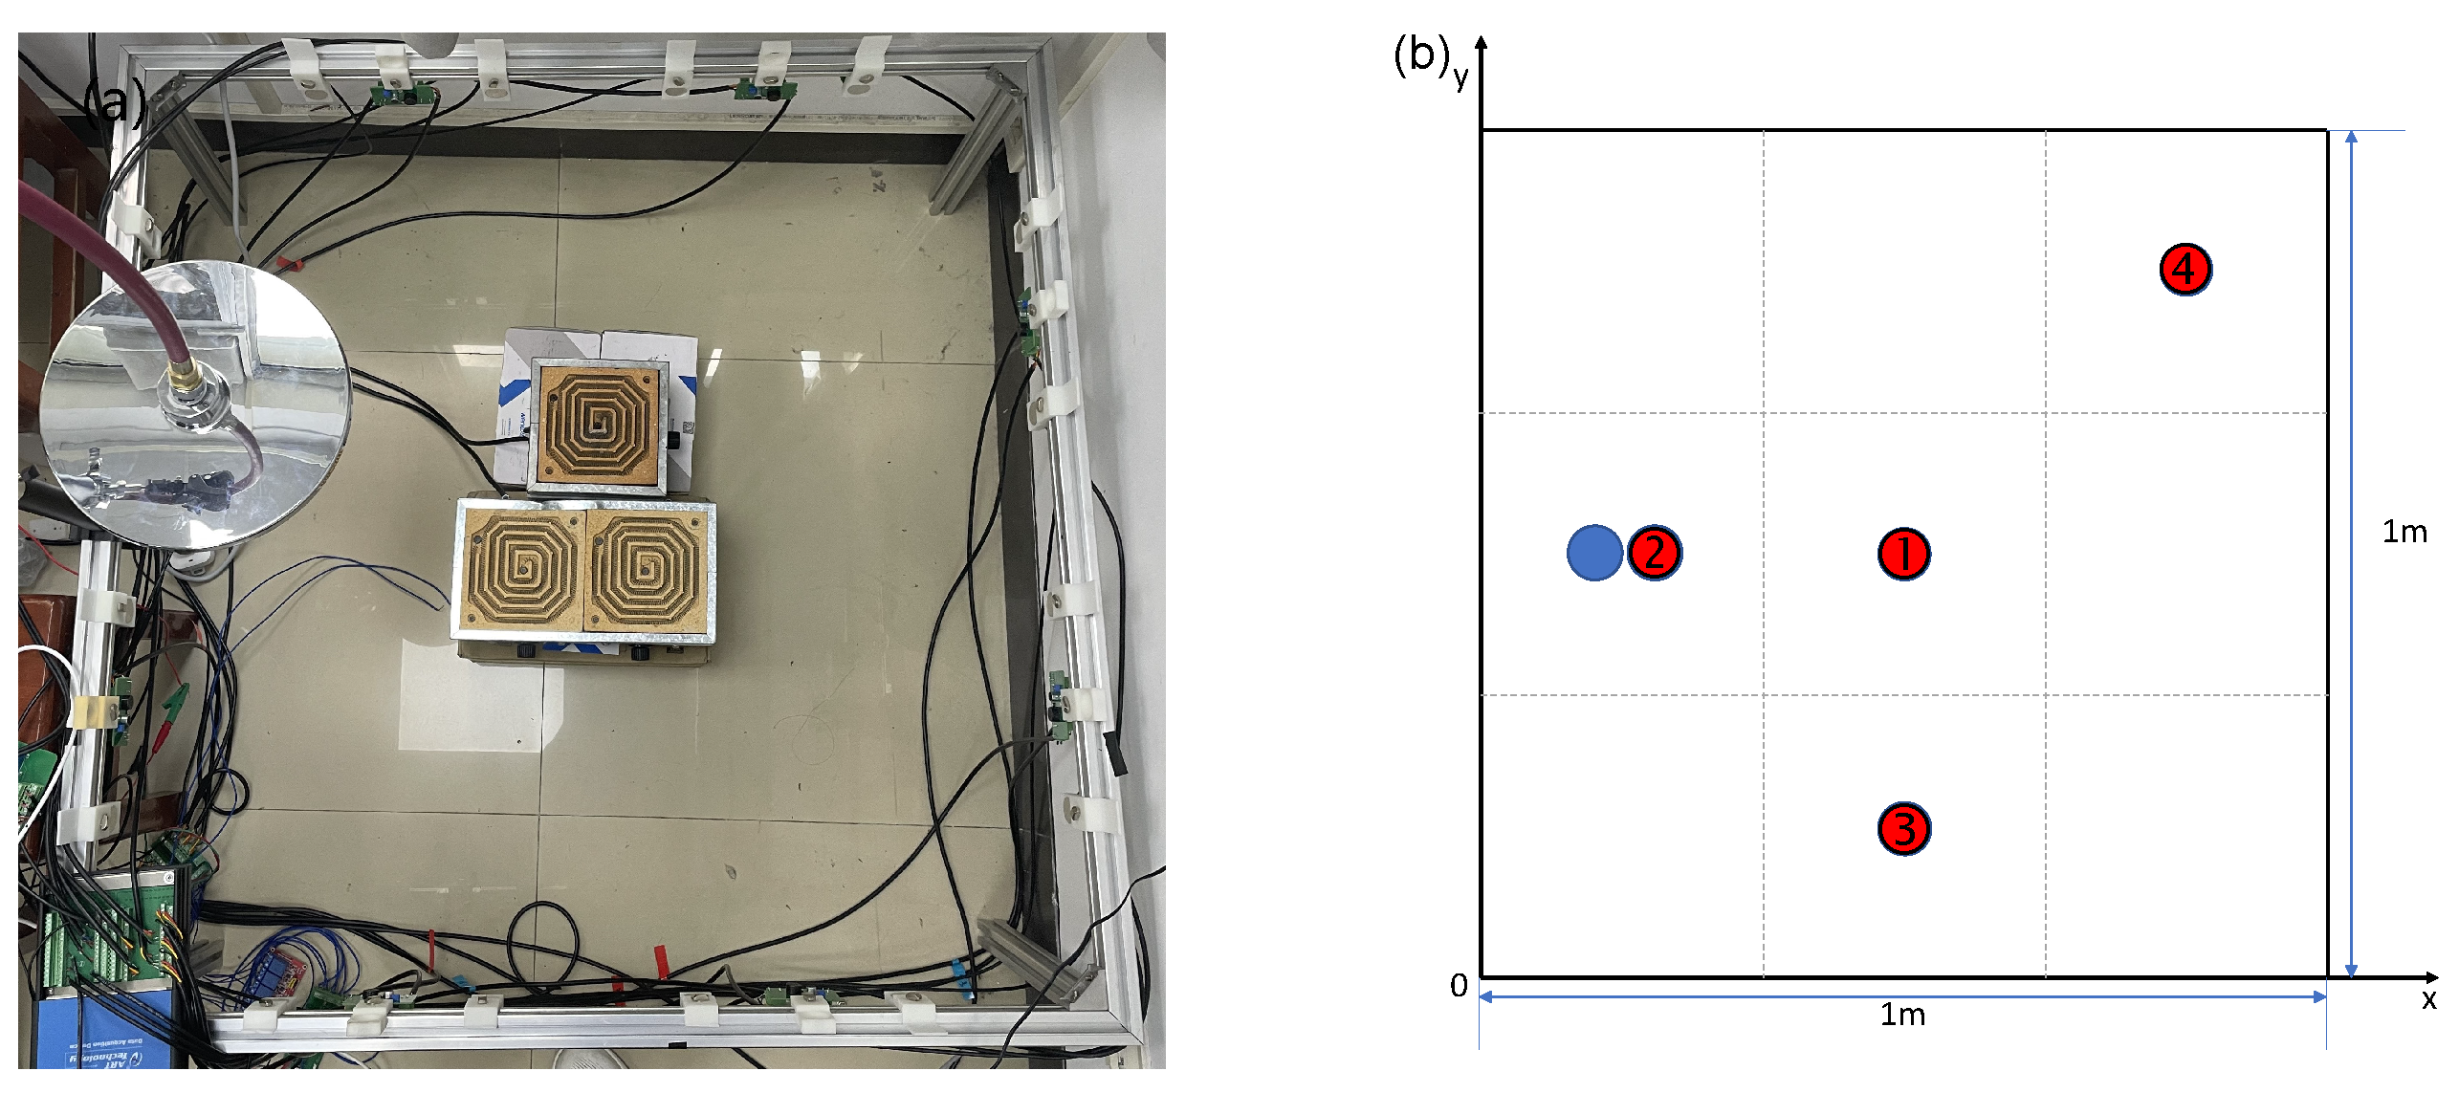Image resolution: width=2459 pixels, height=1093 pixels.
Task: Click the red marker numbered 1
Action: [x=1903, y=554]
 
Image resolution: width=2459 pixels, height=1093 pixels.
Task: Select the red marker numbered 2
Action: [x=1654, y=553]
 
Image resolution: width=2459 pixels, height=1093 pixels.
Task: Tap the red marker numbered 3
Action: [x=1903, y=829]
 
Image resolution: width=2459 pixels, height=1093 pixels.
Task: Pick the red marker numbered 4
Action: [x=2185, y=270]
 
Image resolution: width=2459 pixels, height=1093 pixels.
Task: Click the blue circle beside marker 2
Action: [x=1593, y=553]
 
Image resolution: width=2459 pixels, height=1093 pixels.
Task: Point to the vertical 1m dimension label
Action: [x=2404, y=532]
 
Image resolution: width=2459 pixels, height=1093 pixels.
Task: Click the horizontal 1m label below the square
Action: [x=1902, y=1015]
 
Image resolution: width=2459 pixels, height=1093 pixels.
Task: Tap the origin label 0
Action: [x=1459, y=986]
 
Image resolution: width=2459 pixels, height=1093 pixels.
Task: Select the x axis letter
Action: [x=2428, y=1000]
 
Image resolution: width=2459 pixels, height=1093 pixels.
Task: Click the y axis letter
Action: [x=1460, y=76]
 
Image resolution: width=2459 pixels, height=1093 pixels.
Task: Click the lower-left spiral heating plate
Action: [x=521, y=570]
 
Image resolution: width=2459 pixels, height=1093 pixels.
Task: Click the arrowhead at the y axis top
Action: [x=1481, y=43]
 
